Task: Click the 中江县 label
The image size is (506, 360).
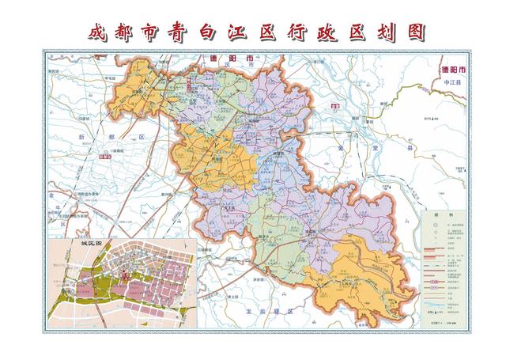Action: (455, 81)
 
